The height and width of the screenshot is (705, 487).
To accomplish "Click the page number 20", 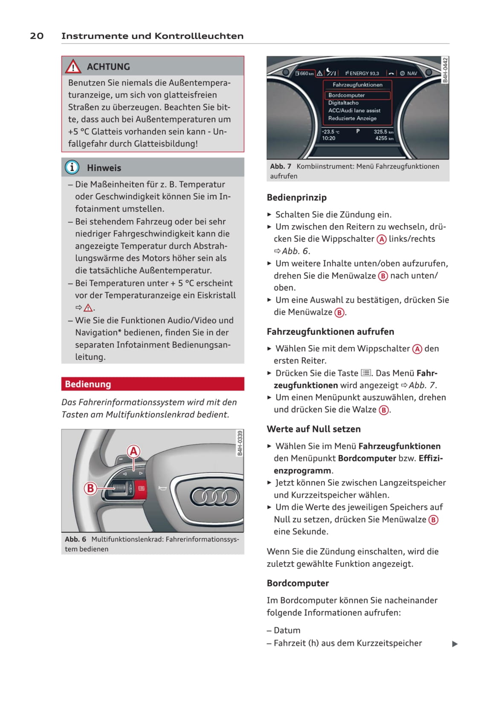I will pyautogui.click(x=37, y=36).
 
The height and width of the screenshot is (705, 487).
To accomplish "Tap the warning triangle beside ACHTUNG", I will pyautogui.click(x=73, y=66).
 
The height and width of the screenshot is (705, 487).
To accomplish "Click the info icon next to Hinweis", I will pyautogui.click(x=72, y=167).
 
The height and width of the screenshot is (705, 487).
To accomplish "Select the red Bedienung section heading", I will pyautogui.click(x=153, y=384).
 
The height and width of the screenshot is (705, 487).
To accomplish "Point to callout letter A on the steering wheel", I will pyautogui.click(x=134, y=451).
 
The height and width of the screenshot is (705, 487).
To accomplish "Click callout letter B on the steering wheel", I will pyautogui.click(x=90, y=488).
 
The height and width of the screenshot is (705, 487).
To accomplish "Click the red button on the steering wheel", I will pyautogui.click(x=141, y=488).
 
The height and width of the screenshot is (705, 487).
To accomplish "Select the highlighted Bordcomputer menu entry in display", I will pyautogui.click(x=357, y=95).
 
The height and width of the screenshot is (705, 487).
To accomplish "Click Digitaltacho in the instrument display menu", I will pyautogui.click(x=343, y=103).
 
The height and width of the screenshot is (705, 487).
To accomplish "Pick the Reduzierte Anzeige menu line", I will pyautogui.click(x=352, y=118).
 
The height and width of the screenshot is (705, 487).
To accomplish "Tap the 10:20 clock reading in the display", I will pyautogui.click(x=328, y=138).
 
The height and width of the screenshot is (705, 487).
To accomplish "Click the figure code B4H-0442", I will pyautogui.click(x=445, y=70).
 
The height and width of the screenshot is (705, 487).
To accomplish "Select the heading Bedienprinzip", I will pyautogui.click(x=296, y=197).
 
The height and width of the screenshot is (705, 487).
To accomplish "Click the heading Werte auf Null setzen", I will pyautogui.click(x=313, y=429).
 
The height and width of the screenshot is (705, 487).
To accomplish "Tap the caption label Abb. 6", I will pyautogui.click(x=75, y=539).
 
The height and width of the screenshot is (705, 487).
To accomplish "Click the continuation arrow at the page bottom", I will pyautogui.click(x=455, y=644).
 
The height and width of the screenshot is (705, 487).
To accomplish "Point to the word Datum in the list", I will pyautogui.click(x=287, y=630).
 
